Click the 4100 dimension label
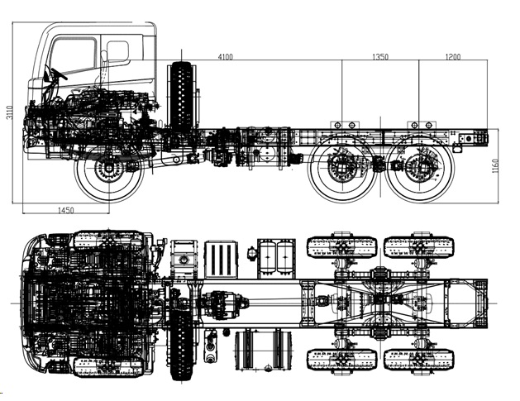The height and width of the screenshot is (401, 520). (225, 57)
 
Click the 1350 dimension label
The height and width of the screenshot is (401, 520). (380, 56)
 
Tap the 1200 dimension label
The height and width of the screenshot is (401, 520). (453, 56)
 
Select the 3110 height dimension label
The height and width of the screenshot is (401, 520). (9, 112)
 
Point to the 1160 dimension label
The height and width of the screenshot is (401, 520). (495, 166)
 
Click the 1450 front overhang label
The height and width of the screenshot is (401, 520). (65, 210)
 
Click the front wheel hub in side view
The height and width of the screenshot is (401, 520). (108, 168)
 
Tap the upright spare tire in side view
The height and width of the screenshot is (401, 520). (181, 96)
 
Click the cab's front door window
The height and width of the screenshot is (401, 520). (73, 55)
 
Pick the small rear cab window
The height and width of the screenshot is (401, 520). (117, 51)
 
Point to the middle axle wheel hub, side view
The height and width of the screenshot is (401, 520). (341, 168)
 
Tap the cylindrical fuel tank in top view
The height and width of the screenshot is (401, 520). (264, 350)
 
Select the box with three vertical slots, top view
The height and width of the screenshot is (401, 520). (221, 260)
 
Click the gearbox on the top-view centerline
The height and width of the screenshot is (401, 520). (224, 304)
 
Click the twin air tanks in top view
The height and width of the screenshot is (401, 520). (276, 258)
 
